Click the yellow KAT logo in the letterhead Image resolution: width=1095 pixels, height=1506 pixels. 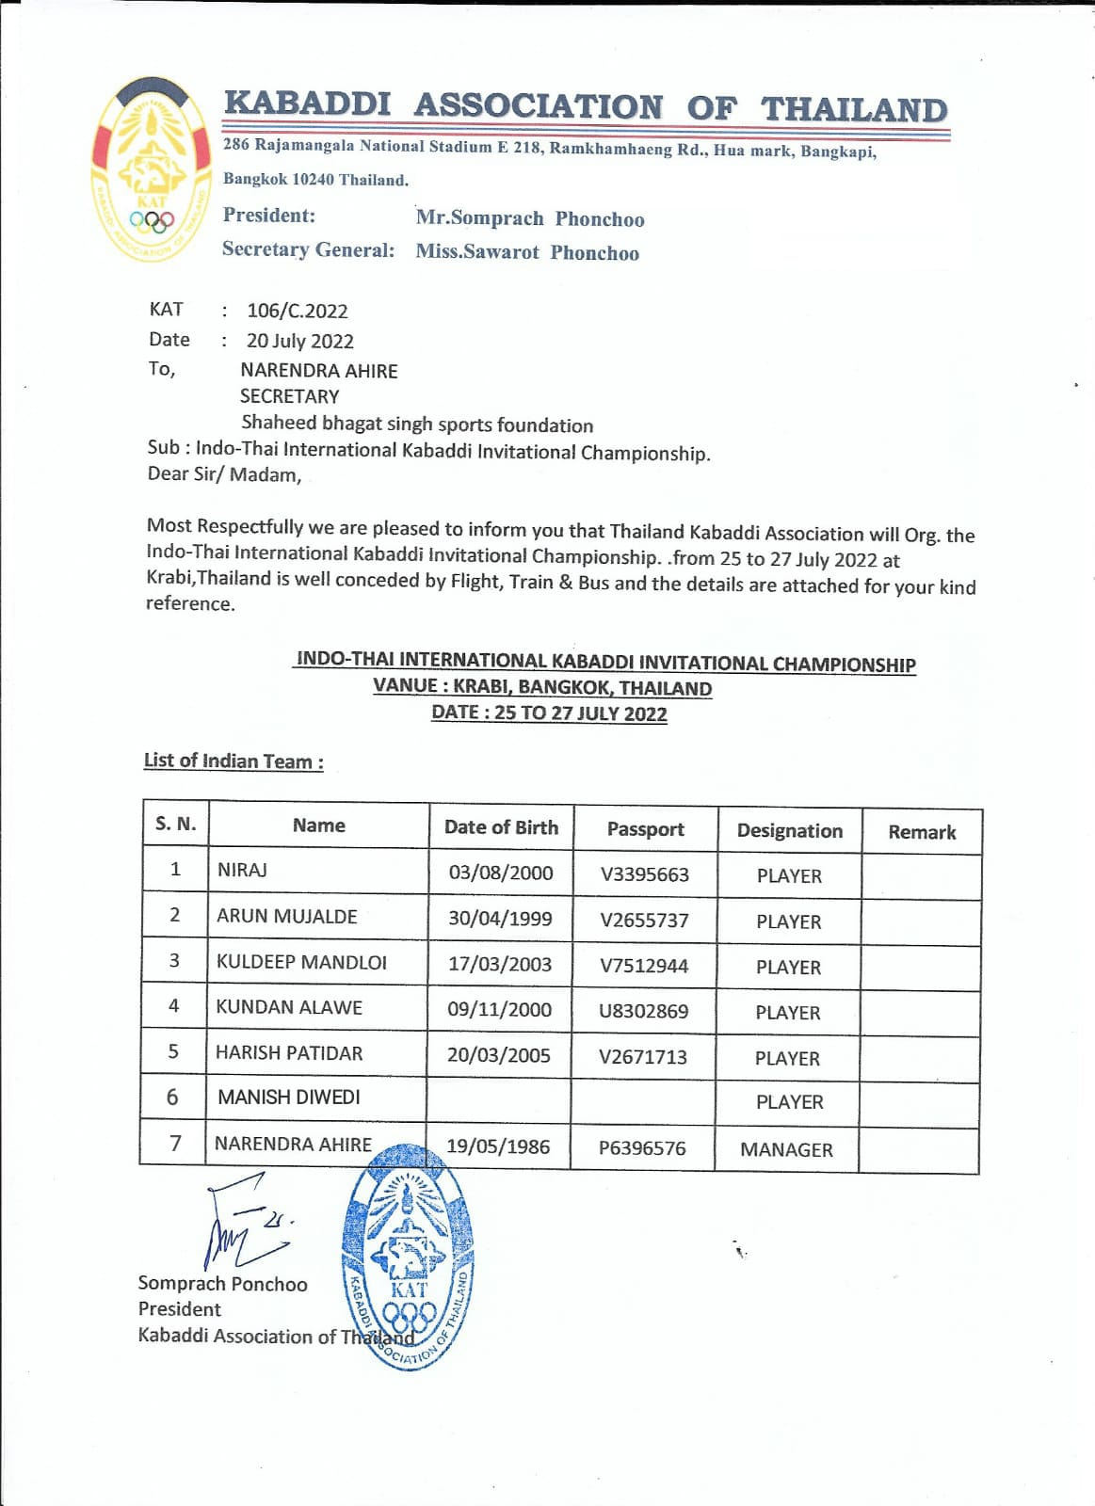pyautogui.click(x=151, y=169)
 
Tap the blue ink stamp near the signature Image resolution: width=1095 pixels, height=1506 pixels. pyautogui.click(x=408, y=1257)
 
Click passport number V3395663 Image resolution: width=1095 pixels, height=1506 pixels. pyautogui.click(x=645, y=874)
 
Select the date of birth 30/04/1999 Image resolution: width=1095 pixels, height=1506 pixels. pyautogui.click(x=500, y=919)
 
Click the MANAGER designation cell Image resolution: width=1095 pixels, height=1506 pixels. pyautogui.click(x=786, y=1149)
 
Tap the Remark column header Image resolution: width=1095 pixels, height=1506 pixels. pyautogui.click(x=922, y=832)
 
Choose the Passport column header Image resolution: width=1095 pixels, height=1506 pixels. pyautogui.click(x=645, y=829)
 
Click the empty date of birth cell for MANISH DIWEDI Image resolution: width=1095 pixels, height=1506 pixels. pyautogui.click(x=499, y=1098)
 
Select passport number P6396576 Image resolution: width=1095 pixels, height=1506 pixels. pyautogui.click(x=642, y=1148)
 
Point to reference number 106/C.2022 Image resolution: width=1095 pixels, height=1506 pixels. pyautogui.click(x=298, y=311)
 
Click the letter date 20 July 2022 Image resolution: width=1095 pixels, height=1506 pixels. pyautogui.click(x=300, y=341)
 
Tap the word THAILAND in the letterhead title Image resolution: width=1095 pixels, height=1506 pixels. pyautogui.click(x=854, y=109)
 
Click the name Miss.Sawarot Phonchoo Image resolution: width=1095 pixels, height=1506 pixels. pyautogui.click(x=527, y=252)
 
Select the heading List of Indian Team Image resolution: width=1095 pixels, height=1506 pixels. pyautogui.click(x=233, y=761)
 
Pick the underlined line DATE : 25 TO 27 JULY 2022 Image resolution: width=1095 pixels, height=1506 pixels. pyautogui.click(x=549, y=713)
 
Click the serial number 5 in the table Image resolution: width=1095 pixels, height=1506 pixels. pyautogui.click(x=173, y=1051)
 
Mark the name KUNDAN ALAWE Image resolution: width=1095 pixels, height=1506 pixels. pyautogui.click(x=289, y=1007)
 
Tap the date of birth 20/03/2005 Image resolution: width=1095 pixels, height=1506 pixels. pyautogui.click(x=499, y=1055)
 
